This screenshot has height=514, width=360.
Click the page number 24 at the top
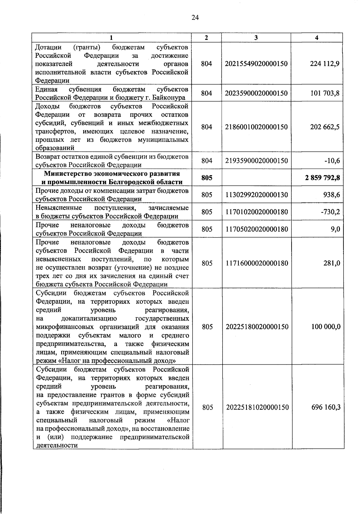tap(195, 18)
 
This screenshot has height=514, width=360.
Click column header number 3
tap(256, 37)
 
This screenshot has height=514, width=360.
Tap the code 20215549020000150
tap(256, 64)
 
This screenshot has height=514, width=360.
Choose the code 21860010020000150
tap(256, 127)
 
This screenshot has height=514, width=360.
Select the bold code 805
tap(207, 178)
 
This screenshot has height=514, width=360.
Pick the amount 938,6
tap(332, 195)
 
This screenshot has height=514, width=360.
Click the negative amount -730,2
tap(331, 212)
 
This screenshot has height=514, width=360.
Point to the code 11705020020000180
tap(256, 229)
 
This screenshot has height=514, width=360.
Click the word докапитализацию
tap(88, 318)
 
